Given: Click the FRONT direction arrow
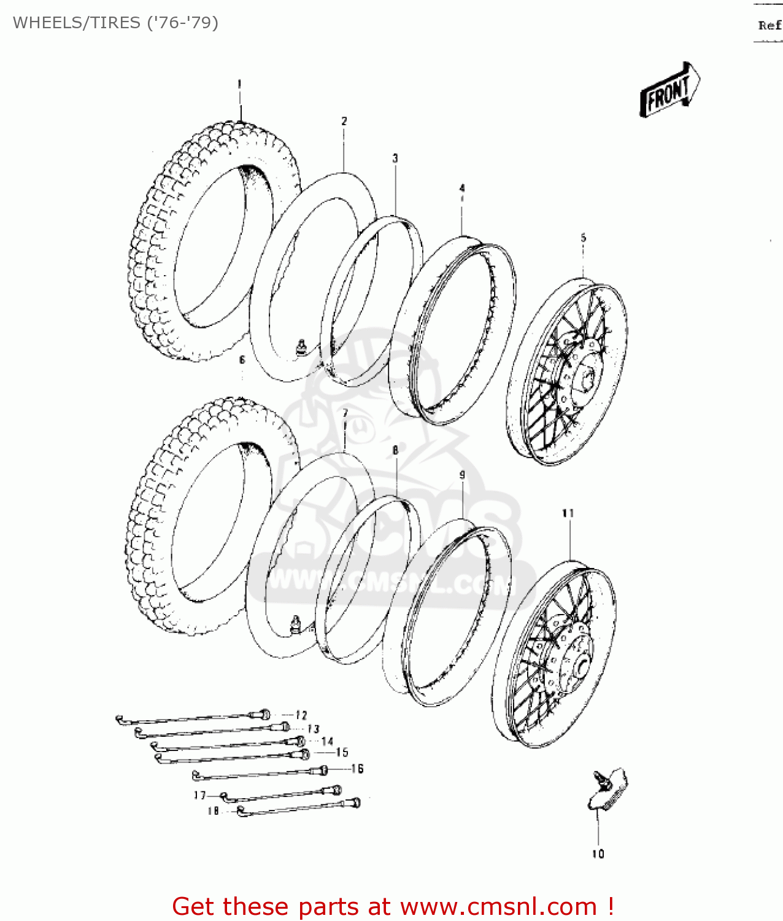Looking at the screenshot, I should click(669, 90).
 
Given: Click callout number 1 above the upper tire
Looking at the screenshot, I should click(239, 84).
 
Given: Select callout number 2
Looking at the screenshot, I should click(344, 121).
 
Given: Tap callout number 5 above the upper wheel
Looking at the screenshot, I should click(583, 238).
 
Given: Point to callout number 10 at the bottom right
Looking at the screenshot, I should click(598, 853).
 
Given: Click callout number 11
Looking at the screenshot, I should click(568, 513).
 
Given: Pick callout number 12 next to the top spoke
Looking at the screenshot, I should click(301, 715).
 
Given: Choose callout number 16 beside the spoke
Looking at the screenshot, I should click(357, 768).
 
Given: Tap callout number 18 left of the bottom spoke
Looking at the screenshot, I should click(213, 810).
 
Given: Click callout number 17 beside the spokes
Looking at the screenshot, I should click(200, 795).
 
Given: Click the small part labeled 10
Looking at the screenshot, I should click(607, 789).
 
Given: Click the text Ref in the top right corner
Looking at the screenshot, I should click(769, 25).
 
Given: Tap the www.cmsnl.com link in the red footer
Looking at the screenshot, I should click(498, 906).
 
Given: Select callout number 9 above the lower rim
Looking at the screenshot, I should click(462, 475).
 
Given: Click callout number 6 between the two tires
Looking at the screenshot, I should click(242, 360).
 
